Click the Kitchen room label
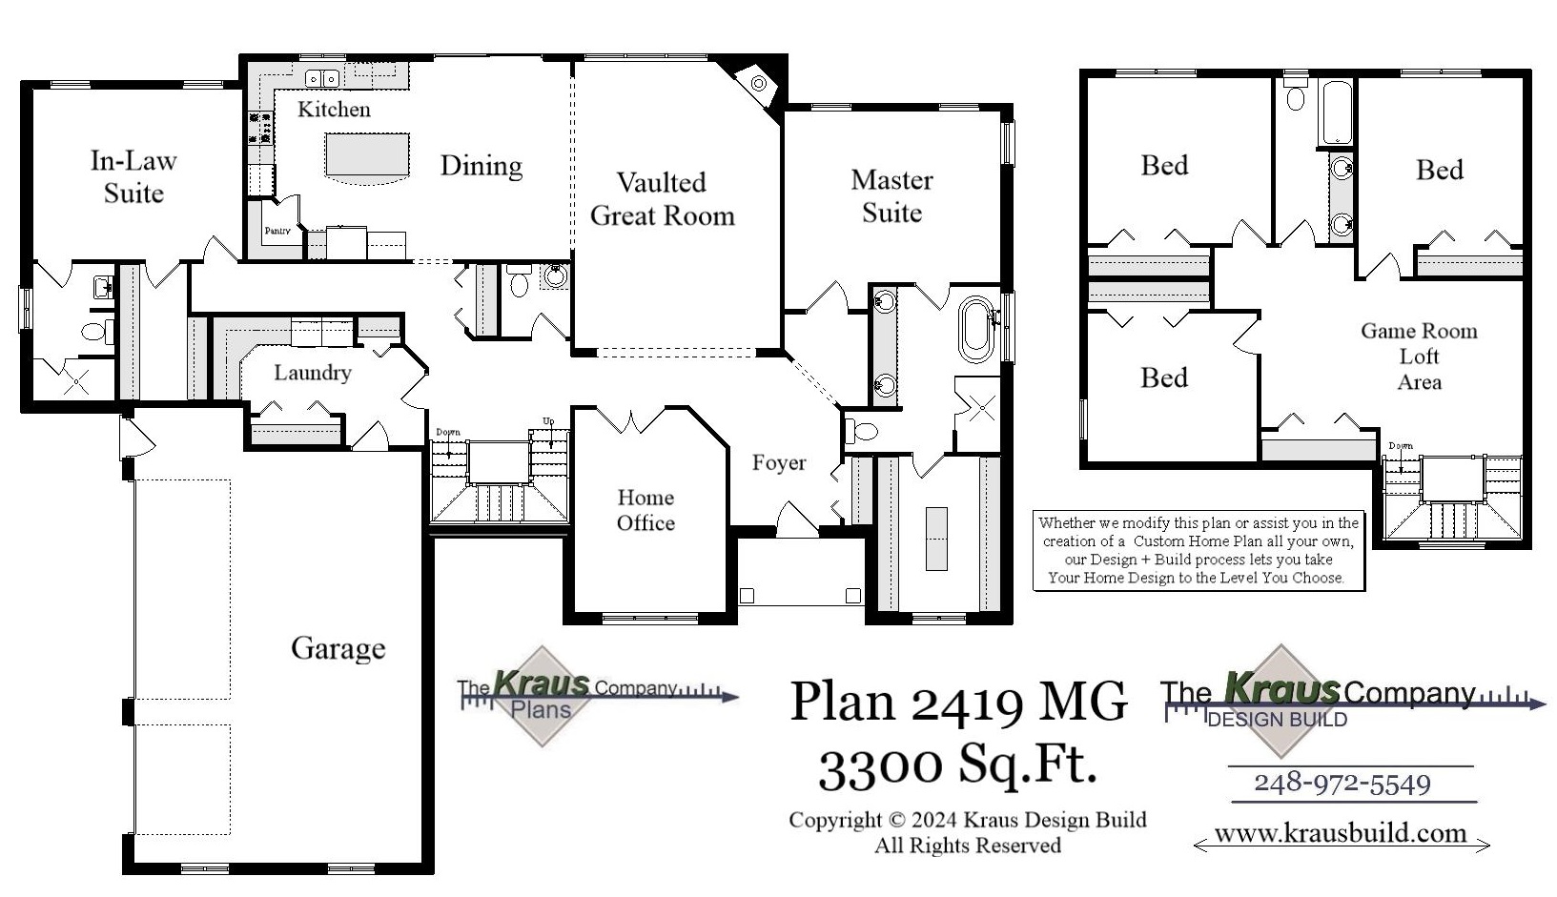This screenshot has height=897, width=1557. (x=334, y=110)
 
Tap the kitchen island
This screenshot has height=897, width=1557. (x=368, y=155)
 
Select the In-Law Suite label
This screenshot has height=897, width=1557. (x=133, y=177)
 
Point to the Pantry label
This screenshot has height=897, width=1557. (x=277, y=231)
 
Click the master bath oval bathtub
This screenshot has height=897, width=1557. (x=975, y=329)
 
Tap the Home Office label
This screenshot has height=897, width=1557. (x=645, y=510)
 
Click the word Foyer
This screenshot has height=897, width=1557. (x=779, y=463)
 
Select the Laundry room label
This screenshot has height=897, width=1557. (x=312, y=373)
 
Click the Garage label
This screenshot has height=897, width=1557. (x=338, y=648)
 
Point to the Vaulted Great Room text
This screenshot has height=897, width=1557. (x=663, y=199)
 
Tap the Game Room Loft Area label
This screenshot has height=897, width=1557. (x=1419, y=357)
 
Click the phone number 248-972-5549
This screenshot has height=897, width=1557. (x=1342, y=784)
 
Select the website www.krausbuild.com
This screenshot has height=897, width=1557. (x=1340, y=833)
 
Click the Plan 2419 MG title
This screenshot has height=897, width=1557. (x=957, y=702)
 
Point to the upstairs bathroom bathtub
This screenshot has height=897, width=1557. (x=1336, y=112)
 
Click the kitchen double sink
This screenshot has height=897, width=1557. (x=321, y=78)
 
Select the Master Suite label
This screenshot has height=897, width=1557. (x=891, y=196)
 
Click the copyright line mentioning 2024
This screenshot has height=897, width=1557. (x=967, y=820)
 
